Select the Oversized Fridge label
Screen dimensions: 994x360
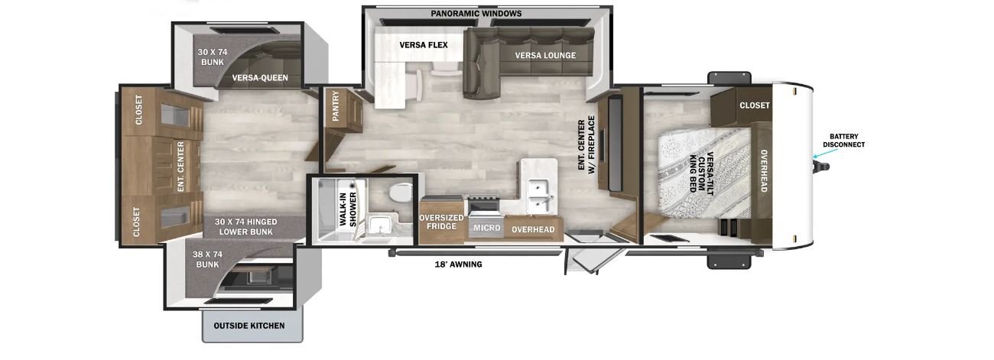click(441, 222)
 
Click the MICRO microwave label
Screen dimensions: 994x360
click(487, 228)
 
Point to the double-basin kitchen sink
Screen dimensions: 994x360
click(540, 195)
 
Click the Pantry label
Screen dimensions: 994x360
click(336, 106)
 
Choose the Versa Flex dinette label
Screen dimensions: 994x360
click(424, 45)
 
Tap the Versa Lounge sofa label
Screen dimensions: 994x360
click(545, 56)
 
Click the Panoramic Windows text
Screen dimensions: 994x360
click(476, 14)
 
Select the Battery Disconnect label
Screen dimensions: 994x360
click(843, 141)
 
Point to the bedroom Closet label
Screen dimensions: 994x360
click(755, 105)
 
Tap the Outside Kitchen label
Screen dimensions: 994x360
click(249, 326)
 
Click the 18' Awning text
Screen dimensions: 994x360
click(458, 264)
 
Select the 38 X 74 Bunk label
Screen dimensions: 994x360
click(207, 259)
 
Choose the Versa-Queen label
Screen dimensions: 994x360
click(260, 78)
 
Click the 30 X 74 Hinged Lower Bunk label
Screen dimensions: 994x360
click(246, 226)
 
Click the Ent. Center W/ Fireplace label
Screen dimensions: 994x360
click(586, 144)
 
